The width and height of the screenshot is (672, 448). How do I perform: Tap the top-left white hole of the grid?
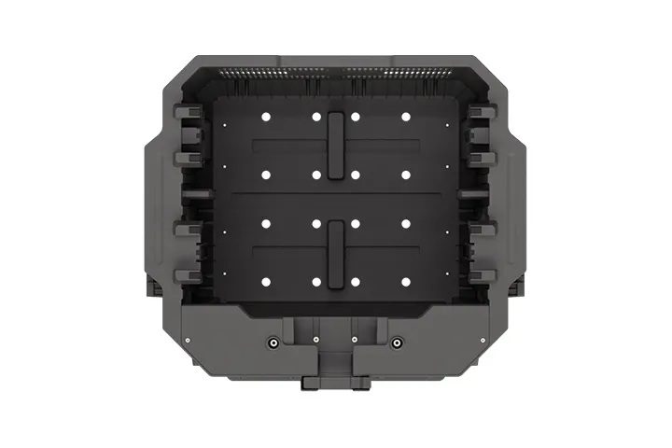[265, 118]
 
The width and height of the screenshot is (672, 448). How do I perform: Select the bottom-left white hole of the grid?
[265, 282]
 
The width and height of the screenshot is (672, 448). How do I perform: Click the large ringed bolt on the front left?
[273, 343]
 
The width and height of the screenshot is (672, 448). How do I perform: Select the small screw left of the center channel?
[317, 339]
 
